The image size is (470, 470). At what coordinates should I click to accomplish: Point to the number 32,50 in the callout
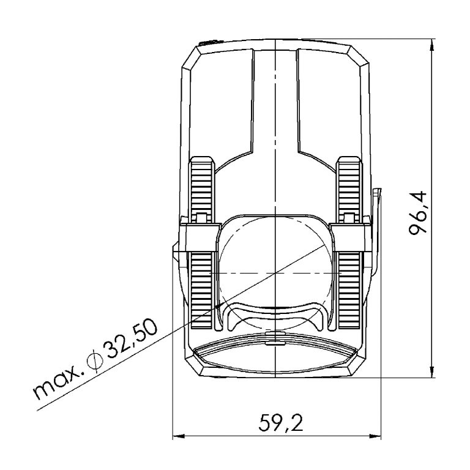click(130, 341)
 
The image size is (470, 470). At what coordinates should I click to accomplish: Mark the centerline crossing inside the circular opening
click(276, 272)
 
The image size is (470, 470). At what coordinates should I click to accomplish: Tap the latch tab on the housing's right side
click(376, 233)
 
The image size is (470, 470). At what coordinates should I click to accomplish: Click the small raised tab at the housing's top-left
click(206, 43)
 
